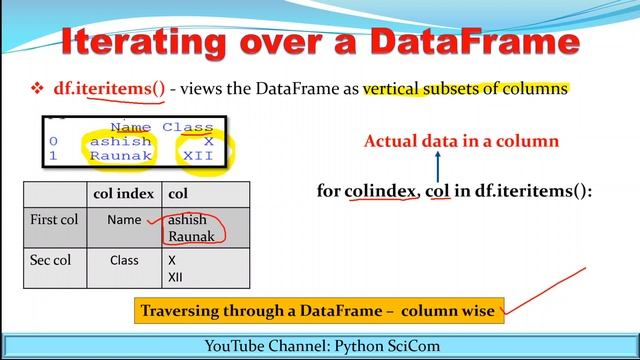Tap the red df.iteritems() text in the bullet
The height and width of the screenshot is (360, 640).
click(x=109, y=88)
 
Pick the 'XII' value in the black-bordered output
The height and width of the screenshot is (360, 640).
click(x=201, y=156)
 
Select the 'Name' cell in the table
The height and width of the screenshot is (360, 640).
click(x=125, y=217)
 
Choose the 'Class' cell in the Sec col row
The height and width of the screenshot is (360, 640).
click(x=125, y=260)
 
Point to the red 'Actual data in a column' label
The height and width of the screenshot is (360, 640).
click(x=475, y=140)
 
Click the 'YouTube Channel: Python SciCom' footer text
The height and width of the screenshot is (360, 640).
click(x=319, y=346)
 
